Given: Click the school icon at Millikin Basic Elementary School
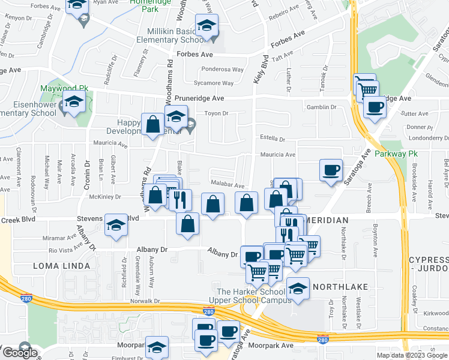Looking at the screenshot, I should click(207, 26).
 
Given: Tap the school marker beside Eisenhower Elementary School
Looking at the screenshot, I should click(74, 103).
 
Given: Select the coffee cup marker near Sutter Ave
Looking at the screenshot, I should click(375, 108).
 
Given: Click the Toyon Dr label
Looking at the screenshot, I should click(217, 113).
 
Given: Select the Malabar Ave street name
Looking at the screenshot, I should click(227, 185).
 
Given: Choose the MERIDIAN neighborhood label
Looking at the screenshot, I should click(328, 221).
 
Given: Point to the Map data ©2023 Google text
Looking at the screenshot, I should click(411, 355).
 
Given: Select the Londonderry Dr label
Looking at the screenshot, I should click(429, 137).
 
